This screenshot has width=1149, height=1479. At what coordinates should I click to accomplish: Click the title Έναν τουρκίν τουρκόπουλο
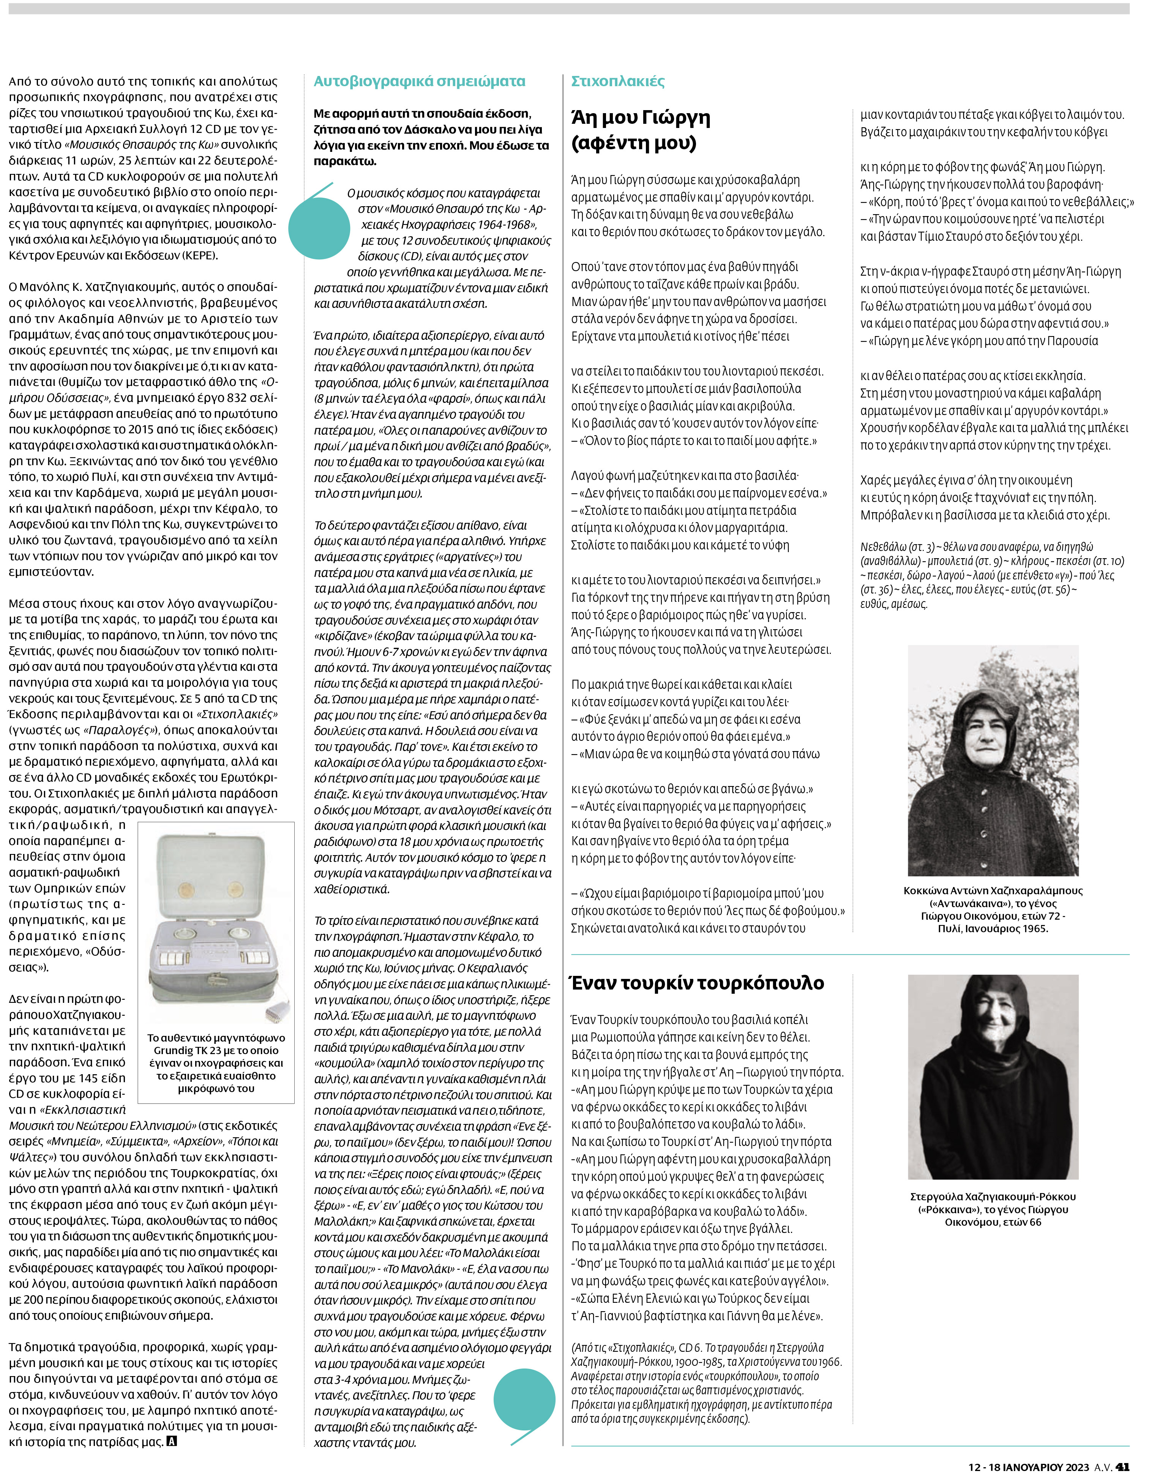[698, 983]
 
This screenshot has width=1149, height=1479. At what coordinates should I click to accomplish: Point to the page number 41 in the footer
[1122, 1467]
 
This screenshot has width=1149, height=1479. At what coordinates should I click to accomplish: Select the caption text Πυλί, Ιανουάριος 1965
[993, 928]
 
